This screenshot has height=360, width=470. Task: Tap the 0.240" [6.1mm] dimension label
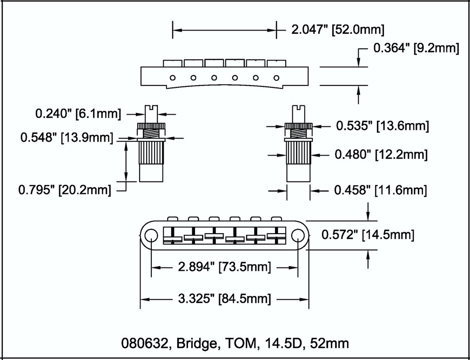(78, 113)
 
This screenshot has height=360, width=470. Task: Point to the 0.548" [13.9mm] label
(66, 138)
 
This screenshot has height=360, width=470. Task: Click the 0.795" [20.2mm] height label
(64, 190)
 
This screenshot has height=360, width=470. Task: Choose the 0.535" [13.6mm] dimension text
(382, 125)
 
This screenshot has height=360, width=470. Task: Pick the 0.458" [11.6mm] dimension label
(380, 190)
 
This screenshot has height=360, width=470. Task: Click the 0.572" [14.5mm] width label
(368, 235)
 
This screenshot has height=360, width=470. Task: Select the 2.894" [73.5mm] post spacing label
(224, 267)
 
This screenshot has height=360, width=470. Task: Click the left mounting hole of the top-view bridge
(152, 235)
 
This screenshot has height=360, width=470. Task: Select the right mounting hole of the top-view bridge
(298, 235)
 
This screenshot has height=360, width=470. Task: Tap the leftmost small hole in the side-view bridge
(173, 78)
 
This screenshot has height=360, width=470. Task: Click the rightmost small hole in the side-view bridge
(277, 78)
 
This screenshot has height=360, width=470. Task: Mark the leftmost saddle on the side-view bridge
(172, 63)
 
